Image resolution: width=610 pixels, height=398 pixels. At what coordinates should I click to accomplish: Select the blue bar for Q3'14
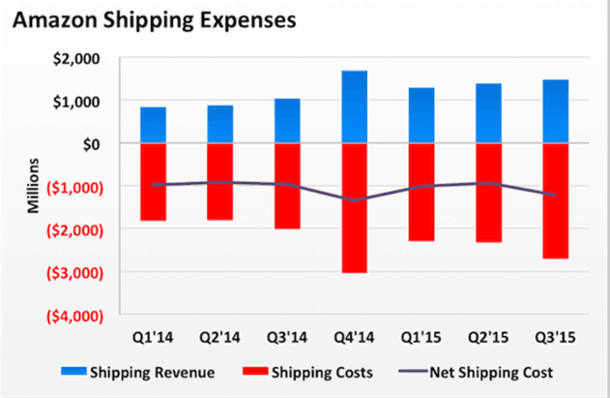(x=287, y=121)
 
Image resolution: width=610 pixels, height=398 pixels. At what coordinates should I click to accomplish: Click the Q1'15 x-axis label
(x=421, y=339)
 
